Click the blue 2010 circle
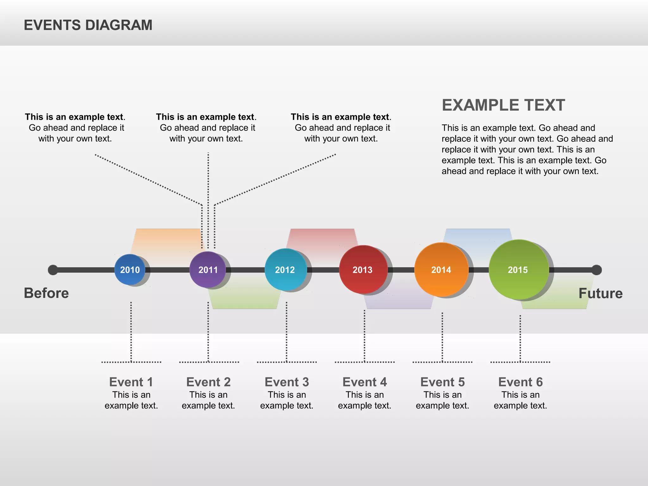(x=130, y=270)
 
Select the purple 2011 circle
(x=208, y=270)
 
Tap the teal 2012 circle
(x=285, y=270)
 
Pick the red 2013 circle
(x=363, y=270)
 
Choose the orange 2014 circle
(x=441, y=270)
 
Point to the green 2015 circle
(x=518, y=270)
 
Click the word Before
(x=46, y=293)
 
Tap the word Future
(x=601, y=293)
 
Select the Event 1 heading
(x=131, y=382)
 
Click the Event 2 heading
(x=208, y=382)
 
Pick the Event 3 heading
(x=287, y=382)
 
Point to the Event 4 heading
(x=364, y=382)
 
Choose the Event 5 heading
(x=442, y=382)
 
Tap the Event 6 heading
(x=520, y=382)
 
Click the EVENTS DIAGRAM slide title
(x=88, y=25)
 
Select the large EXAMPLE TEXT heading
(x=503, y=105)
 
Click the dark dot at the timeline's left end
(x=53, y=270)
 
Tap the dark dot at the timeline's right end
(x=596, y=270)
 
